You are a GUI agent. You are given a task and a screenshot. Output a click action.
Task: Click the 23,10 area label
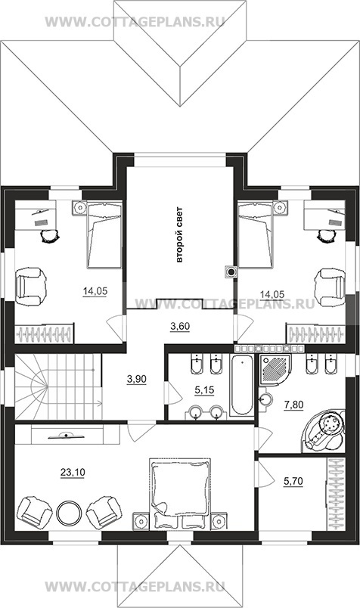click(x=73, y=473)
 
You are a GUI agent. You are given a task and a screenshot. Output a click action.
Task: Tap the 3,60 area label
click(x=180, y=327)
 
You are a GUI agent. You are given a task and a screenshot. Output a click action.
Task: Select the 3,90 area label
click(x=137, y=379)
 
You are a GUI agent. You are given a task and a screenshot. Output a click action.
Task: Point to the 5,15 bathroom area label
click(x=204, y=390)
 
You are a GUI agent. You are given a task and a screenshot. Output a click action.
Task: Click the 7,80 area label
click(x=293, y=405)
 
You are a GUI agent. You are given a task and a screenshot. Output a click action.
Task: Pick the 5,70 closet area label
click(x=293, y=481)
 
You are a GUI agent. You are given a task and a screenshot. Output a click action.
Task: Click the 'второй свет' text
click(x=179, y=235)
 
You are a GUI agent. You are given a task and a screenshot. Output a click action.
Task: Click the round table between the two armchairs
click(x=69, y=513)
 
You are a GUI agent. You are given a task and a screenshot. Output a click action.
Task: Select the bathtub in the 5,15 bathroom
click(x=242, y=385)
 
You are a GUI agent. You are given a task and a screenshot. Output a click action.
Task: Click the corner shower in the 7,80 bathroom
click(x=275, y=370)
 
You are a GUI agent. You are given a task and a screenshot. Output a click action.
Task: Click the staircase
click(x=58, y=386)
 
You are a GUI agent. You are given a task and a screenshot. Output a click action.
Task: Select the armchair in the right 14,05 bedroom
click(x=330, y=287)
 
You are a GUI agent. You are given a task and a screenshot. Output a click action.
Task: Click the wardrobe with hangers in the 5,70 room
click(x=336, y=494)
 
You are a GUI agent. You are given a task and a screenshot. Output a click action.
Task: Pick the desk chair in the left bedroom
click(x=50, y=235)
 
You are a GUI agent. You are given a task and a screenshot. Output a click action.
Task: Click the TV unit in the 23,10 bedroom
click(x=67, y=435)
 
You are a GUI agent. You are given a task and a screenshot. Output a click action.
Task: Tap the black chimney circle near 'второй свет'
click(x=231, y=272)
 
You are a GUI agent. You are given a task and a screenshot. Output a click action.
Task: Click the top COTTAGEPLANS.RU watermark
click(x=135, y=21)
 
